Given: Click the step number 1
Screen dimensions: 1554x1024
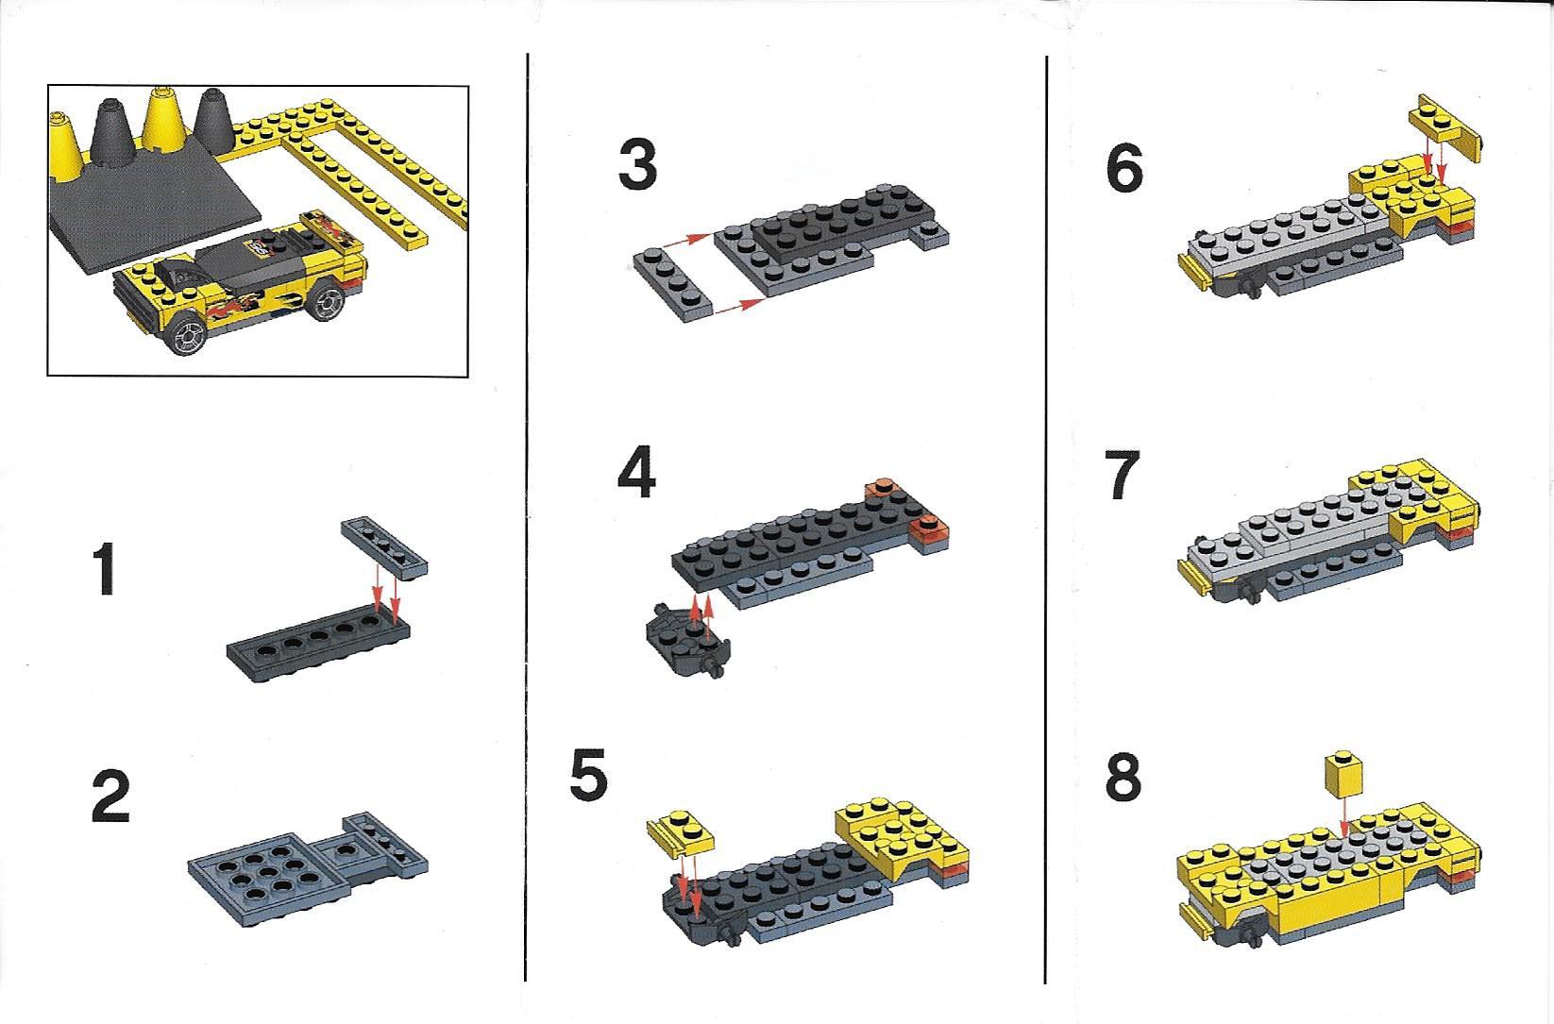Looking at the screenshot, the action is [105, 569].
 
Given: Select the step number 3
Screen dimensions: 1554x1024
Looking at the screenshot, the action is [637, 164].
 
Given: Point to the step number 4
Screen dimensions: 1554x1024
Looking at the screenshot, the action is [636, 473].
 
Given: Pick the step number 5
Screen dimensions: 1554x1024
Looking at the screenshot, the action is [589, 775].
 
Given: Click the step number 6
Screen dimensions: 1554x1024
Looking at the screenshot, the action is [1123, 168].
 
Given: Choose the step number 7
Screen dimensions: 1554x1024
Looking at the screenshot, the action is [1123, 475].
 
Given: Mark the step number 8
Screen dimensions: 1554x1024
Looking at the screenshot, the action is [1123, 777].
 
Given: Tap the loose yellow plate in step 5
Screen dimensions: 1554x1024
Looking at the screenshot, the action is [681, 831].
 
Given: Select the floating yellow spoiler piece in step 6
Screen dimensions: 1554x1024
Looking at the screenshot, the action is [1445, 129].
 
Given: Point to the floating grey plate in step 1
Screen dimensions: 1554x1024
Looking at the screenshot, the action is [384, 547].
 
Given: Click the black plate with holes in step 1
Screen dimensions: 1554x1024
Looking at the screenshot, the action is [318, 647].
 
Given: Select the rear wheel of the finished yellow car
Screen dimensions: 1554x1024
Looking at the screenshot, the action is [326, 301].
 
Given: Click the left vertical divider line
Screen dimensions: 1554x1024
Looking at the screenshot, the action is [527, 517].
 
